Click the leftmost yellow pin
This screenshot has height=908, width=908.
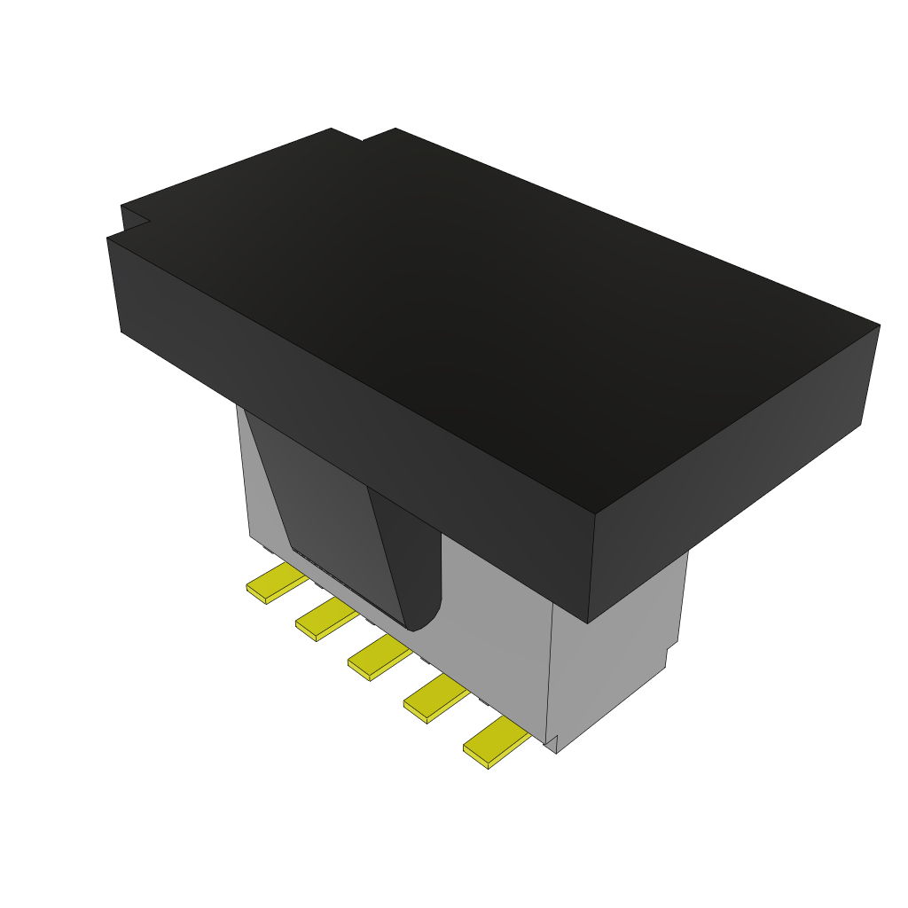pyautogui.click(x=276, y=583)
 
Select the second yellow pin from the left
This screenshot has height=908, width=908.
pyautogui.click(x=325, y=619)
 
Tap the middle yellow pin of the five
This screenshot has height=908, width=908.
pyautogui.click(x=378, y=657)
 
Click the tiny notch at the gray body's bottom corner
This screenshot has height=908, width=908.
pyautogui.click(x=552, y=743)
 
